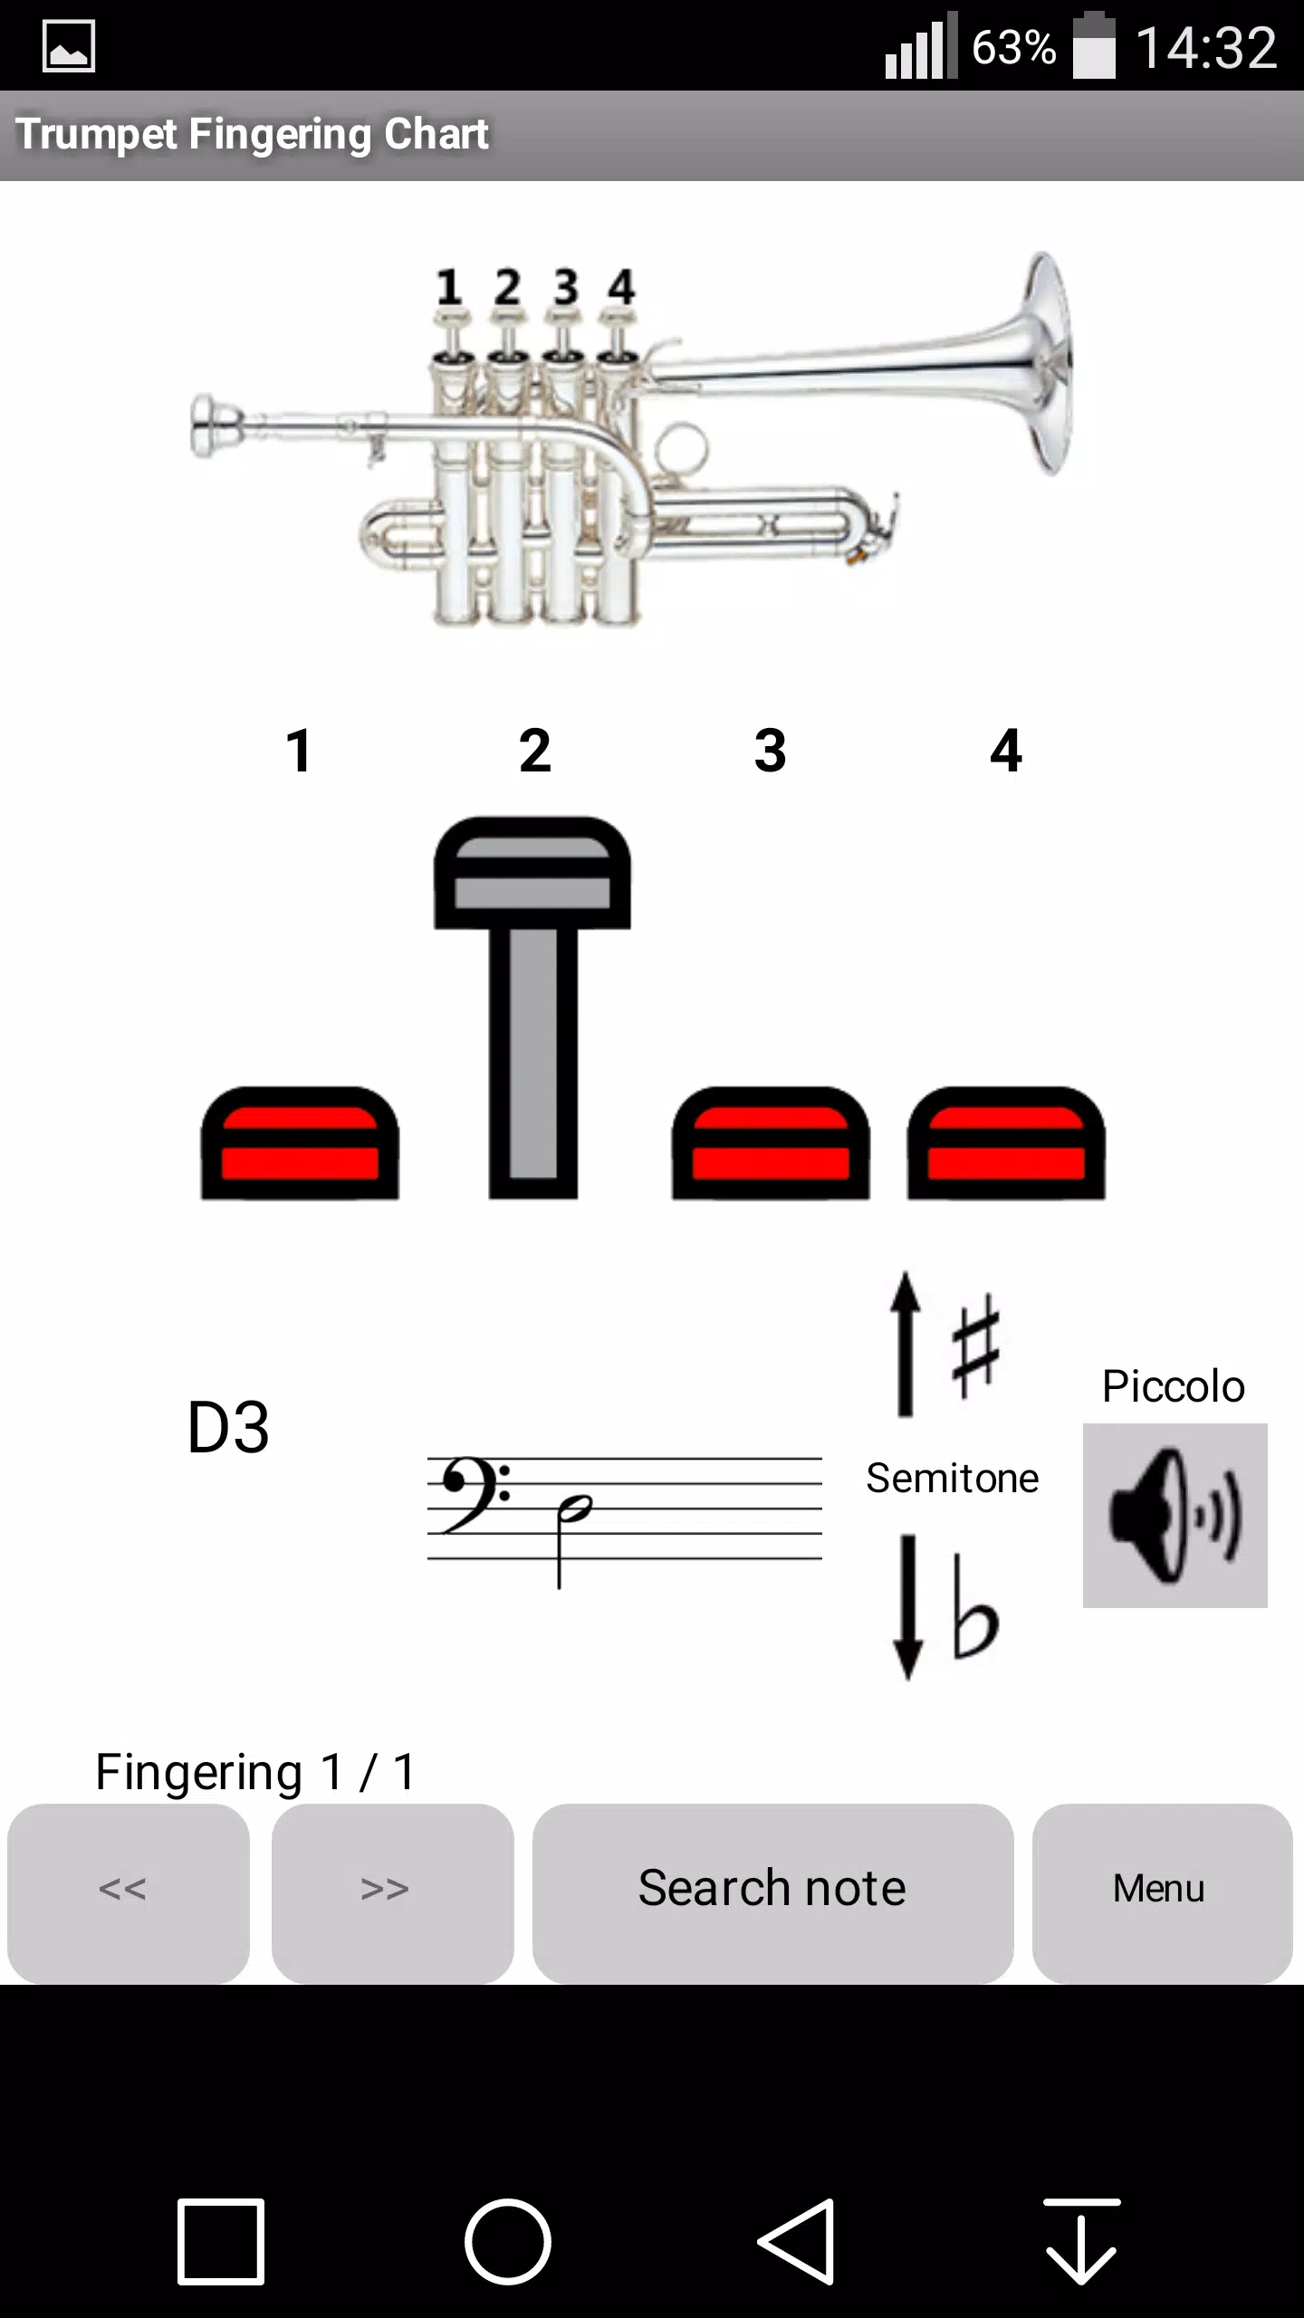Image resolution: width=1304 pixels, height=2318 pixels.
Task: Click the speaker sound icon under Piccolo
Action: point(1175,1515)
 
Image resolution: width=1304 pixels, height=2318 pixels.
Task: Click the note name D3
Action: point(228,1428)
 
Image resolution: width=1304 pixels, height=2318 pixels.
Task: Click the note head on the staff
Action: point(575,1508)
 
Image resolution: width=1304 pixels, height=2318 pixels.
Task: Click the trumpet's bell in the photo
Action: point(1046,362)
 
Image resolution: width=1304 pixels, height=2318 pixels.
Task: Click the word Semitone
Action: point(952,1478)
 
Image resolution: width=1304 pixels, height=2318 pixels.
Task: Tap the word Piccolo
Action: point(1173,1386)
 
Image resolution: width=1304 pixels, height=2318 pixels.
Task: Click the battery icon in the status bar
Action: point(1094,47)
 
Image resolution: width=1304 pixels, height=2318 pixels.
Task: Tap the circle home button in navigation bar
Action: point(508,2242)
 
